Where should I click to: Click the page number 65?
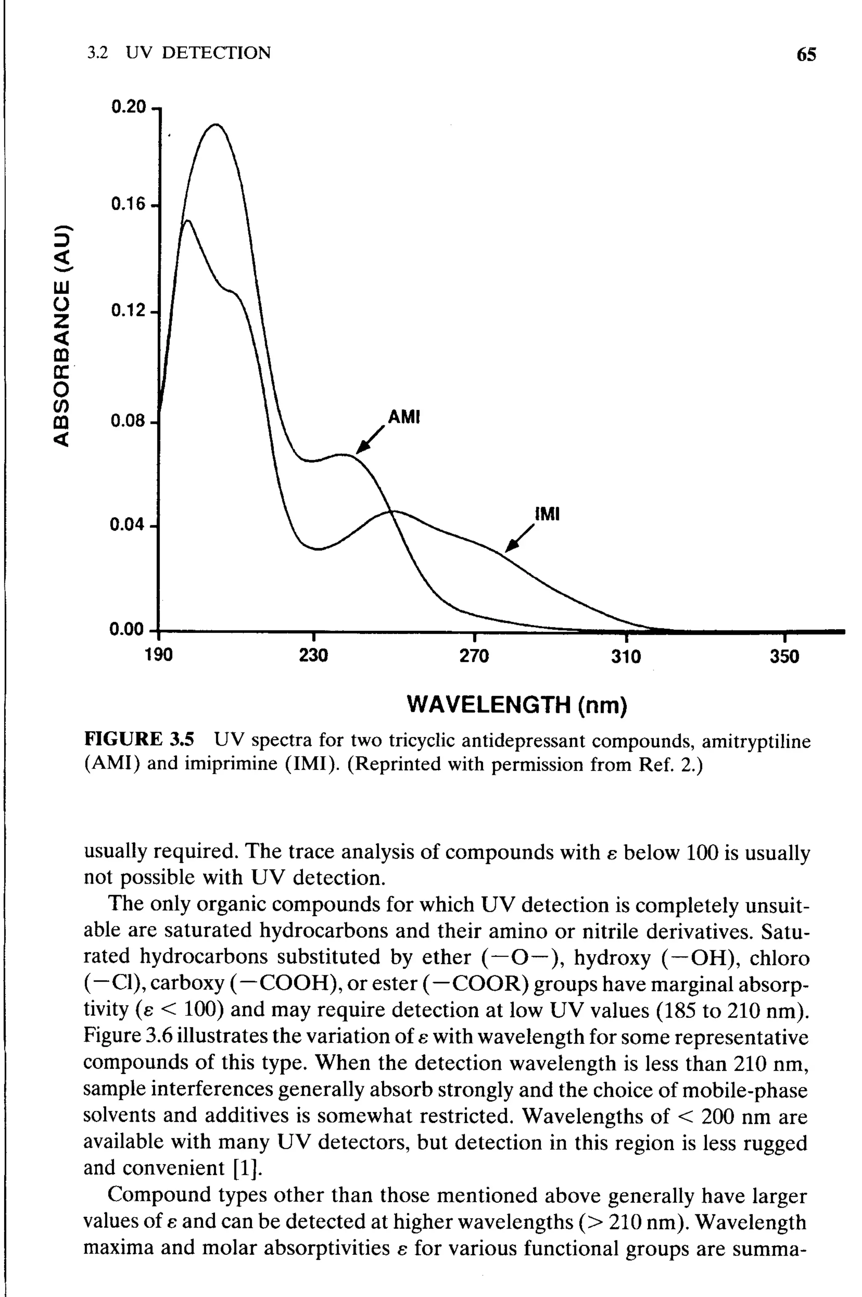[806, 54]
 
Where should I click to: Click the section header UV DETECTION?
[198, 53]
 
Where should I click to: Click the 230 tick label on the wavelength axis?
[313, 656]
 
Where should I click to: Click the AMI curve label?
[404, 417]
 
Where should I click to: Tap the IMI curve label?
[547, 514]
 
